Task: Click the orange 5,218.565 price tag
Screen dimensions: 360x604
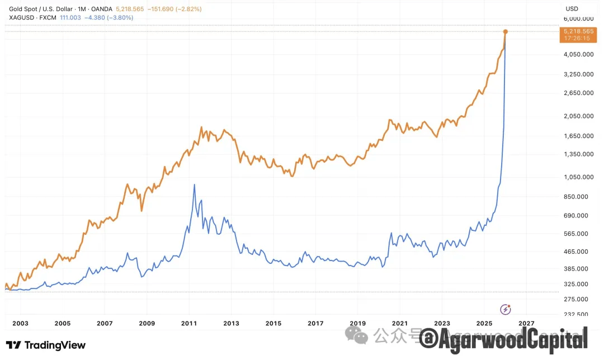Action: click(578, 31)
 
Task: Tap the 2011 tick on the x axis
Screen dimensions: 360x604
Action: click(189, 323)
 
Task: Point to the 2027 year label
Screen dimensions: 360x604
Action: click(526, 323)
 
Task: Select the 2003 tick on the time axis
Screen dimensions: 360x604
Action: click(20, 323)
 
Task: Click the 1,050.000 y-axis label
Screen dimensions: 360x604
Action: click(578, 177)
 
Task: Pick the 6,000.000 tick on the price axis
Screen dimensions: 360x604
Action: click(578, 19)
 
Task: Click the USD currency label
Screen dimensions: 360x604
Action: click(572, 8)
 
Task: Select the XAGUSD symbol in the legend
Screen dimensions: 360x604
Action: click(22, 17)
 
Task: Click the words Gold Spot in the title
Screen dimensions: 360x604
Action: click(23, 9)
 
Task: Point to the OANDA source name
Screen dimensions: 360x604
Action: click(102, 9)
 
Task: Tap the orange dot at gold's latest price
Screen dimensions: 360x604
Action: click(505, 32)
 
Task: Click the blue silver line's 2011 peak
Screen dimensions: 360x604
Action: click(194, 184)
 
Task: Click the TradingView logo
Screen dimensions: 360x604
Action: click(46, 345)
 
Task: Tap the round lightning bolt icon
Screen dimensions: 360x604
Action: click(506, 309)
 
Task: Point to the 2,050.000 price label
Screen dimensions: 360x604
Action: click(578, 116)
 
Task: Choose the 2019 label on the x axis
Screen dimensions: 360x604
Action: click(357, 323)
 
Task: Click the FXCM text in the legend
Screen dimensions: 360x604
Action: click(48, 17)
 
